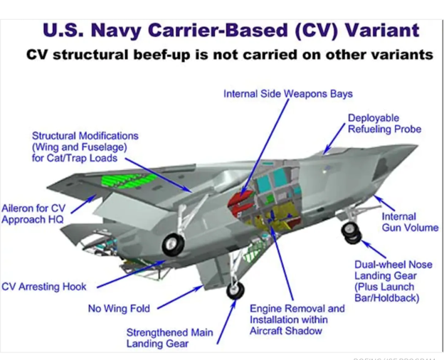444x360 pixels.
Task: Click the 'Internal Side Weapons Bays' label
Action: [287, 93]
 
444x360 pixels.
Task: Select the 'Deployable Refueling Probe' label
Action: [384, 123]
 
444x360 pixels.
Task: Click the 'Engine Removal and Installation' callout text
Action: [297, 319]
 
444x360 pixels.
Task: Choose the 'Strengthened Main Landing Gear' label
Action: [169, 338]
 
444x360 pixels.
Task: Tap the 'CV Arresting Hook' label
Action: [44, 287]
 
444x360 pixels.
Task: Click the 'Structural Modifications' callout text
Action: [85, 147]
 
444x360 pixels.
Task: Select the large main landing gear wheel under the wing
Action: [172, 245]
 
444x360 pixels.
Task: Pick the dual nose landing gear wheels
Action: [351, 232]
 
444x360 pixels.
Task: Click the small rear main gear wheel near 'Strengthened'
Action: [235, 290]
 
